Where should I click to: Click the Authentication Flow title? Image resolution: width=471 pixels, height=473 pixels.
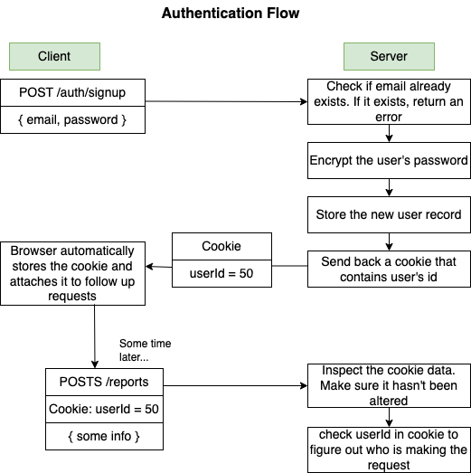230,14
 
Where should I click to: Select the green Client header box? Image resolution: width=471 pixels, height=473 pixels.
54,56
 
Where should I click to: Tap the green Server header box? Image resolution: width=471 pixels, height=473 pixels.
389,56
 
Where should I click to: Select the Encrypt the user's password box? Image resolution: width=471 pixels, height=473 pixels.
389,160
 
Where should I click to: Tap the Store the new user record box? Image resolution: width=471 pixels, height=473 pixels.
389,216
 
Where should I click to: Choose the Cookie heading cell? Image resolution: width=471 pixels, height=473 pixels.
221,246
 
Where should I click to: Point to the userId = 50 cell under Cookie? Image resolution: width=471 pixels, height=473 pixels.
221,273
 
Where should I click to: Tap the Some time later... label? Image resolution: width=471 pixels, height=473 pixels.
145,350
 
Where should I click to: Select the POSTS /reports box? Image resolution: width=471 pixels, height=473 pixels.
106,382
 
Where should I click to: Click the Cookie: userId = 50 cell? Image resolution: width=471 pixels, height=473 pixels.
106,409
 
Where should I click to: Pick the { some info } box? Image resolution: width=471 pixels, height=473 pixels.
106,437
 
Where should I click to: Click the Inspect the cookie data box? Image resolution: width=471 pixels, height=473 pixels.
389,384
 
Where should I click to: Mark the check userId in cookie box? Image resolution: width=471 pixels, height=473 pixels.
389,449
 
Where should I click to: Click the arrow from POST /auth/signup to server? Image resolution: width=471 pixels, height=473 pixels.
226,101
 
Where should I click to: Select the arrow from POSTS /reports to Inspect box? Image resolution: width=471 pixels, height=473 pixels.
235,383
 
